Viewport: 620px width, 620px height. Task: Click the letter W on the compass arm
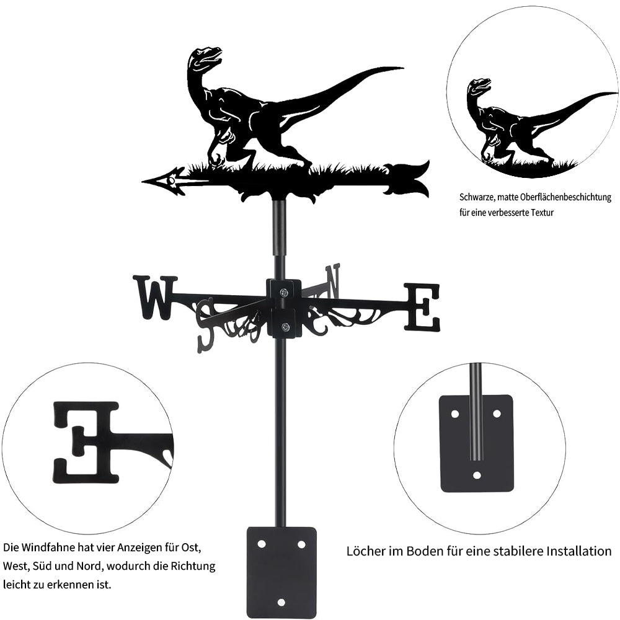156,298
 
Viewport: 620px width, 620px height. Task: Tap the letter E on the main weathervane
422,307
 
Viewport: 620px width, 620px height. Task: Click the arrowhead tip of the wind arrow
143,182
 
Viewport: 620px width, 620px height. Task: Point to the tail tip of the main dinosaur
403,68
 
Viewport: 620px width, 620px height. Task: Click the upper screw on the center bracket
284,292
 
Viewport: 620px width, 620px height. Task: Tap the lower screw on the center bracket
285,327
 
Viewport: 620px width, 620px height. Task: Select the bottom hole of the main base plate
281,602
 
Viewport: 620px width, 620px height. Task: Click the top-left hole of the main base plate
262,544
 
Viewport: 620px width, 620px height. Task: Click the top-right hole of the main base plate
301,544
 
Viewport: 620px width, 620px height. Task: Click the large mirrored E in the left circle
86,442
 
